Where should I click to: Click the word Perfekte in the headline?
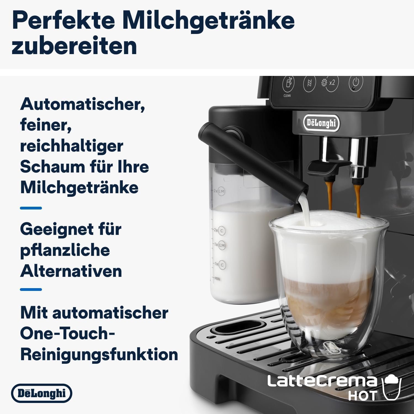[x=63, y=21]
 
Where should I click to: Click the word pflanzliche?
[x=65, y=250]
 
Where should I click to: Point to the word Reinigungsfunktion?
[x=99, y=354]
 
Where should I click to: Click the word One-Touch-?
[x=67, y=333]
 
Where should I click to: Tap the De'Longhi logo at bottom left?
[x=41, y=393]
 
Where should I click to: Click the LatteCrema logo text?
[x=322, y=381]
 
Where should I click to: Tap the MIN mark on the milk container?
[x=217, y=279]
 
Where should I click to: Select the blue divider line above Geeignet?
[x=31, y=208]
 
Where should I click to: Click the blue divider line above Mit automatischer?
[x=31, y=290]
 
